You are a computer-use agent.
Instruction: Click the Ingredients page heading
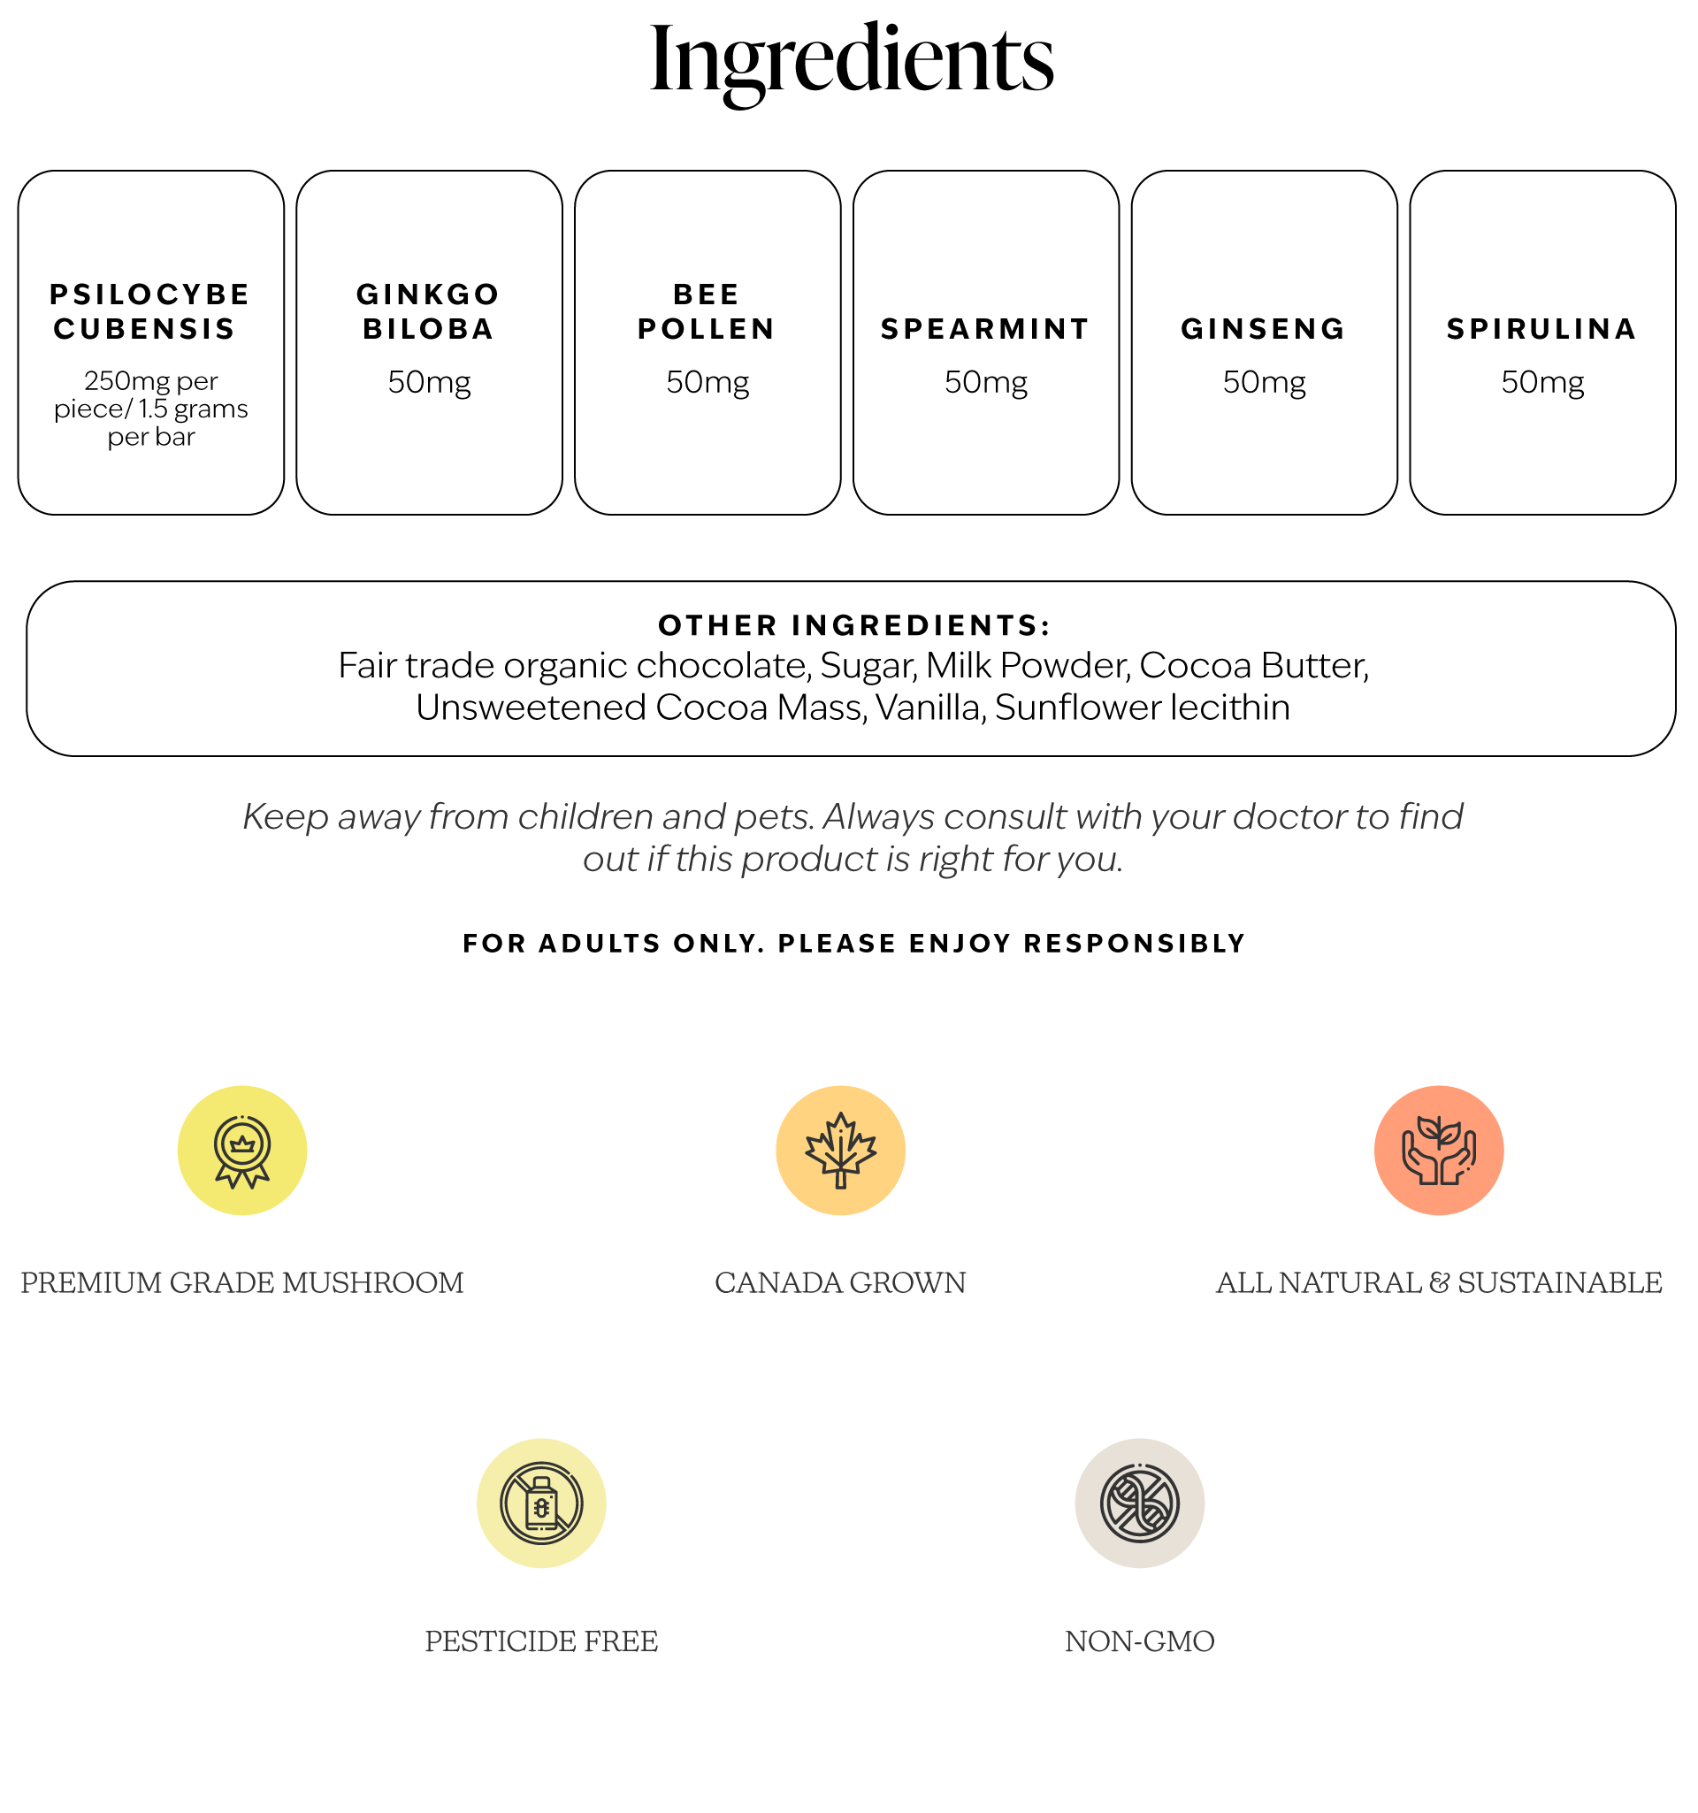point(851,62)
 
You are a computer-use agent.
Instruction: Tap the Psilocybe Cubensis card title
point(150,311)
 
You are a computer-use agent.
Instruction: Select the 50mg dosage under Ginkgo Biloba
point(429,382)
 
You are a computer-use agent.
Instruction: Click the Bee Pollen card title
point(707,311)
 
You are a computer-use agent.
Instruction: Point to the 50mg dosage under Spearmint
point(986,382)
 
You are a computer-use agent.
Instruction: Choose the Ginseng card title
point(1264,328)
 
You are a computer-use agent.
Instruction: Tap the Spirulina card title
point(1542,328)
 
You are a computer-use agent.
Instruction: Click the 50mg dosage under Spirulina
point(1542,382)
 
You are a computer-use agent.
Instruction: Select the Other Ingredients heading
point(854,624)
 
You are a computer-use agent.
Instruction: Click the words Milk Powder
point(1028,666)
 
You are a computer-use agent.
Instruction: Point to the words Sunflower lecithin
point(1142,708)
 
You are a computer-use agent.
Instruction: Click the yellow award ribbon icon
point(241,1150)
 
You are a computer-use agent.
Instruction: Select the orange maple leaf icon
point(840,1150)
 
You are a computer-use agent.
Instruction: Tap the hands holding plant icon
point(1438,1150)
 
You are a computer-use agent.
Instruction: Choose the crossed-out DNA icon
point(1139,1503)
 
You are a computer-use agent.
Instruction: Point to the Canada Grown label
point(840,1283)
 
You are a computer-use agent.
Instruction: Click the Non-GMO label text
point(1139,1641)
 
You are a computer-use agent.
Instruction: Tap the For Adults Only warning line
point(853,943)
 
